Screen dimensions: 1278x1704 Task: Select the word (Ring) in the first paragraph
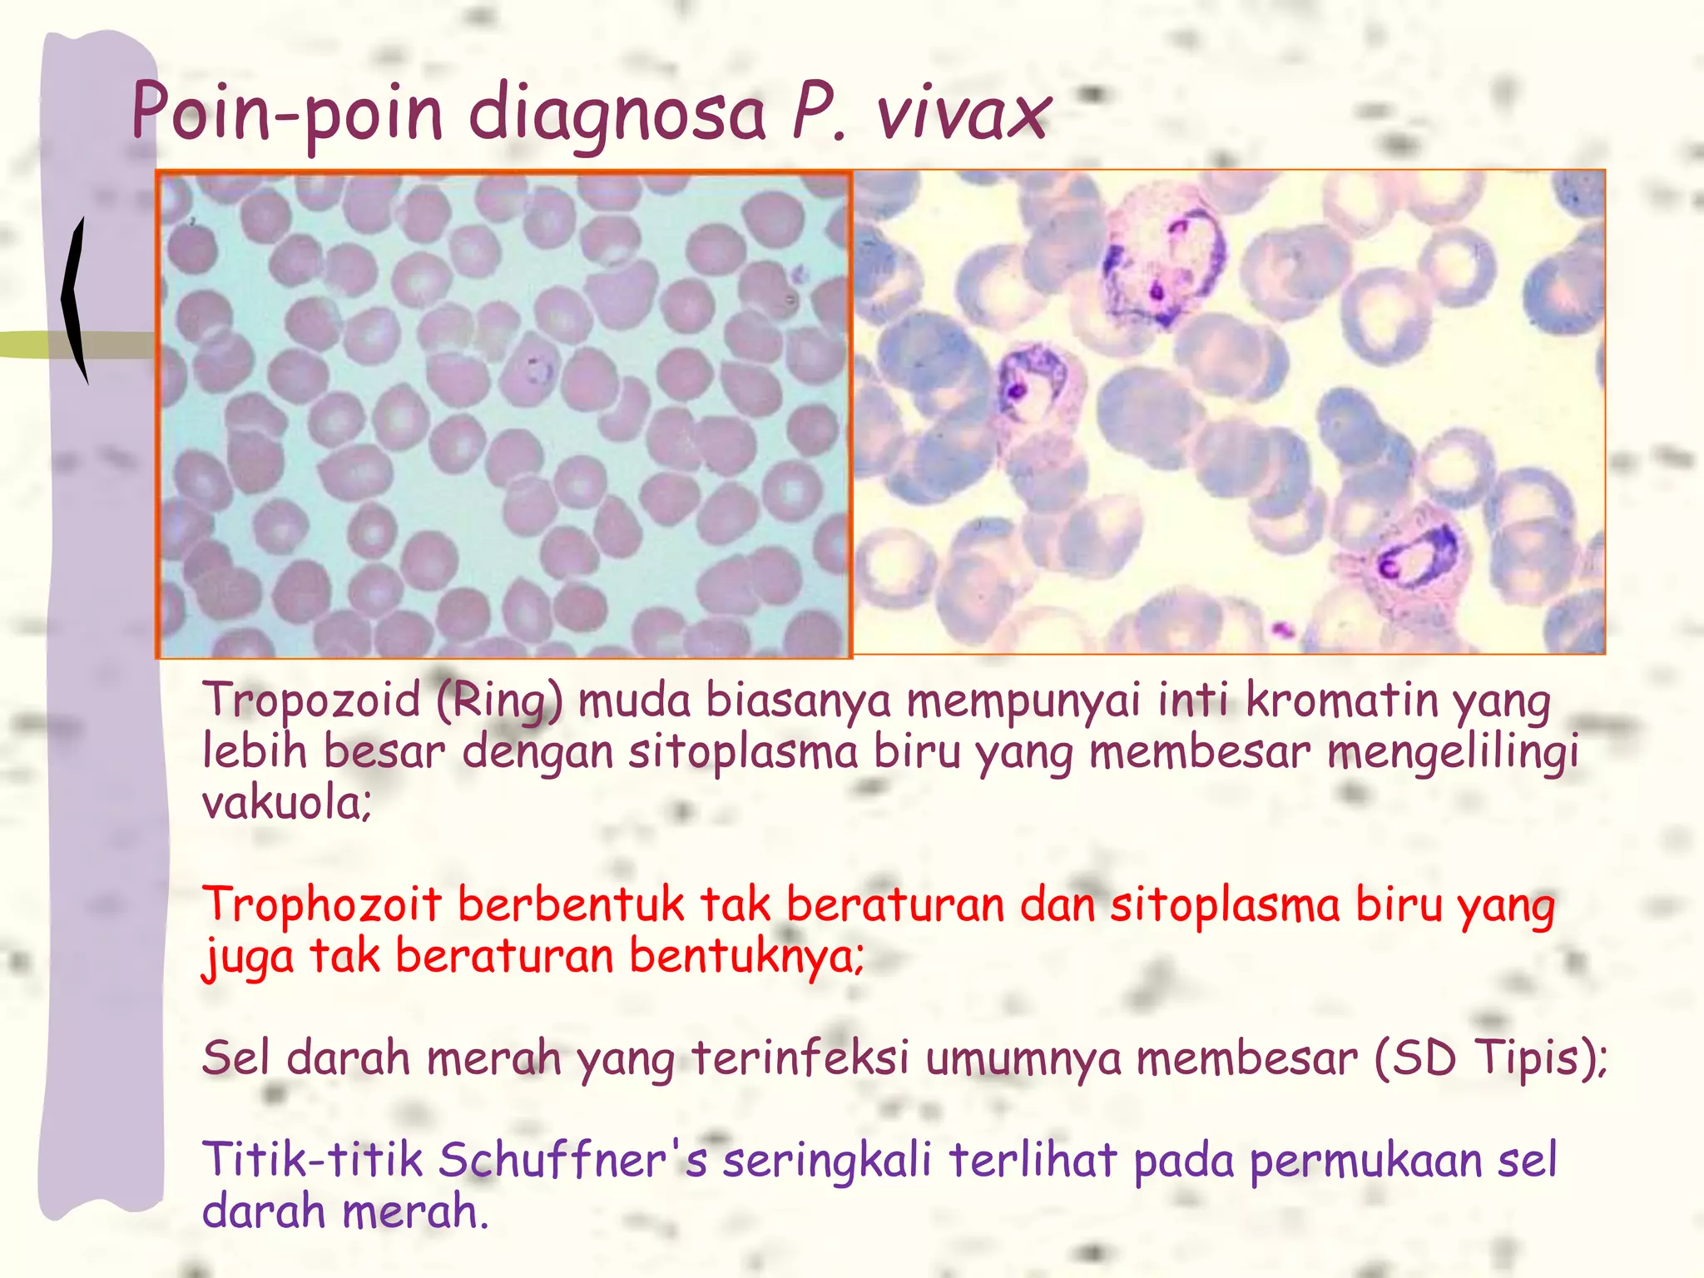click(499, 701)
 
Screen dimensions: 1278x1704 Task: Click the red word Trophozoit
click(322, 904)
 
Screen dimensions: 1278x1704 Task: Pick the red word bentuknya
click(746, 956)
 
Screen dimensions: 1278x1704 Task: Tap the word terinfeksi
click(800, 1058)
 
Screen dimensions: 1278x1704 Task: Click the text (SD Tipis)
click(1489, 1058)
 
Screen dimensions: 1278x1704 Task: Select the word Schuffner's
click(572, 1160)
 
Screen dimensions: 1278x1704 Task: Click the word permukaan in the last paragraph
click(1366, 1162)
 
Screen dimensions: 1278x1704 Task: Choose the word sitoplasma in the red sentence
click(1225, 904)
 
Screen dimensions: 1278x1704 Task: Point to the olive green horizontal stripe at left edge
click(25, 344)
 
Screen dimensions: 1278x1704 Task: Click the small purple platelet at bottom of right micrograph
click(1282, 629)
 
